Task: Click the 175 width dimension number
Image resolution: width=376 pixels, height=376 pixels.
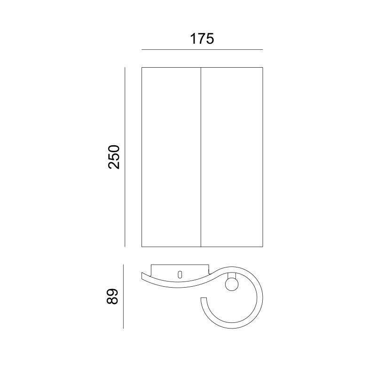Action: pyautogui.click(x=202, y=39)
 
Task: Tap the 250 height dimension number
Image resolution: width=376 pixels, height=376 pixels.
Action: pyautogui.click(x=114, y=157)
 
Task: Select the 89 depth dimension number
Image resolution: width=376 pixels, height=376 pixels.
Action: pyautogui.click(x=112, y=297)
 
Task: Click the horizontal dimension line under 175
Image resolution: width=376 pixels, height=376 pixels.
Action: pyautogui.click(x=202, y=50)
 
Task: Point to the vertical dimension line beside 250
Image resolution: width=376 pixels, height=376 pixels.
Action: pyautogui.click(x=125, y=157)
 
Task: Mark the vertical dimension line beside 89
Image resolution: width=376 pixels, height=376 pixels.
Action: pyautogui.click(x=123, y=297)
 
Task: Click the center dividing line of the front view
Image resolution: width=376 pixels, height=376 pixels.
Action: pyautogui.click(x=201, y=157)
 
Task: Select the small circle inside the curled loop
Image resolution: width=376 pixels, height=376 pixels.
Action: pyautogui.click(x=232, y=284)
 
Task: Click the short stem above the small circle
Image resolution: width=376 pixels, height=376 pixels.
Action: pyautogui.click(x=232, y=275)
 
